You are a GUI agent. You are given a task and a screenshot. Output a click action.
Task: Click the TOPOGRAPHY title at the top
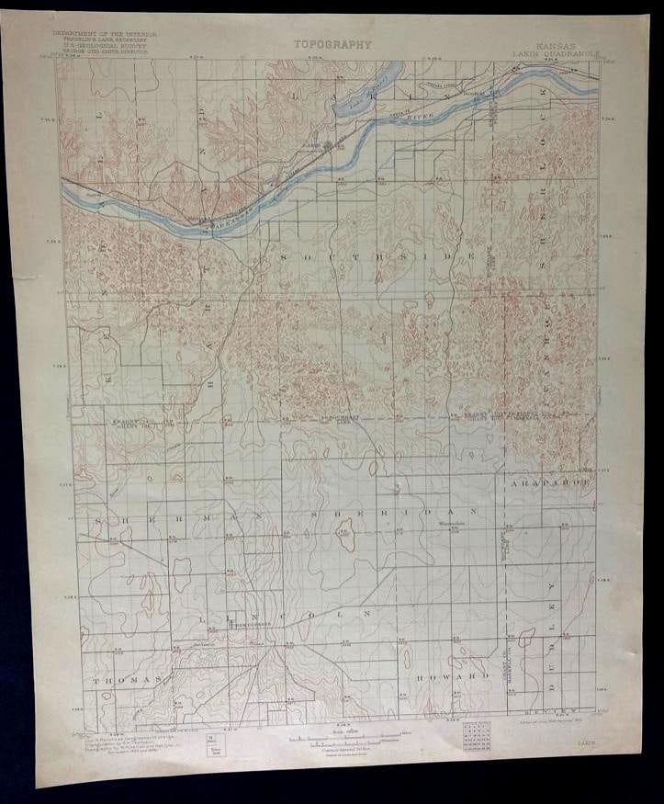coord(332,43)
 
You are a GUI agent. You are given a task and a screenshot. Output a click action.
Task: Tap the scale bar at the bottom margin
coord(343,736)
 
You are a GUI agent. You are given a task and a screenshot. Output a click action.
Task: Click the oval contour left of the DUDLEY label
coord(526,638)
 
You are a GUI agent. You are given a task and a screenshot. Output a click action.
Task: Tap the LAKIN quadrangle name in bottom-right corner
coord(584,722)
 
